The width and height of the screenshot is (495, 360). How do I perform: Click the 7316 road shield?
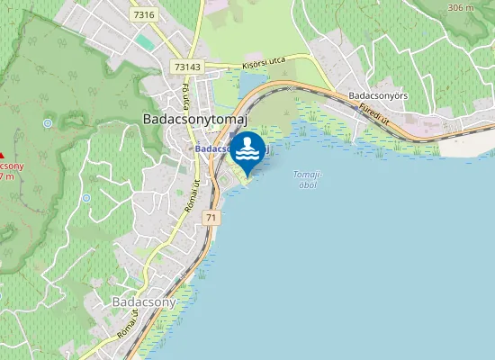[x=142, y=15]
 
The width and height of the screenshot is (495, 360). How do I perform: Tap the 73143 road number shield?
[x=188, y=67]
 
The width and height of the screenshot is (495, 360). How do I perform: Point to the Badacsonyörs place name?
[x=379, y=94]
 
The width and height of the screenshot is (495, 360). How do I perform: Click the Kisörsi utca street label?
[x=264, y=62]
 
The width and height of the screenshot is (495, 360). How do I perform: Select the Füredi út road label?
[x=373, y=113]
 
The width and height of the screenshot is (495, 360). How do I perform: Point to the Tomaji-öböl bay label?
[x=308, y=179]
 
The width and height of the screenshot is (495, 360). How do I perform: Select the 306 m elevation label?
[x=459, y=8]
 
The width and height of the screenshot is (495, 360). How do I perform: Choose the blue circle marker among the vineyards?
[x=86, y=198]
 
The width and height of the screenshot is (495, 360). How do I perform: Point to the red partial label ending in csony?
[x=11, y=166]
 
